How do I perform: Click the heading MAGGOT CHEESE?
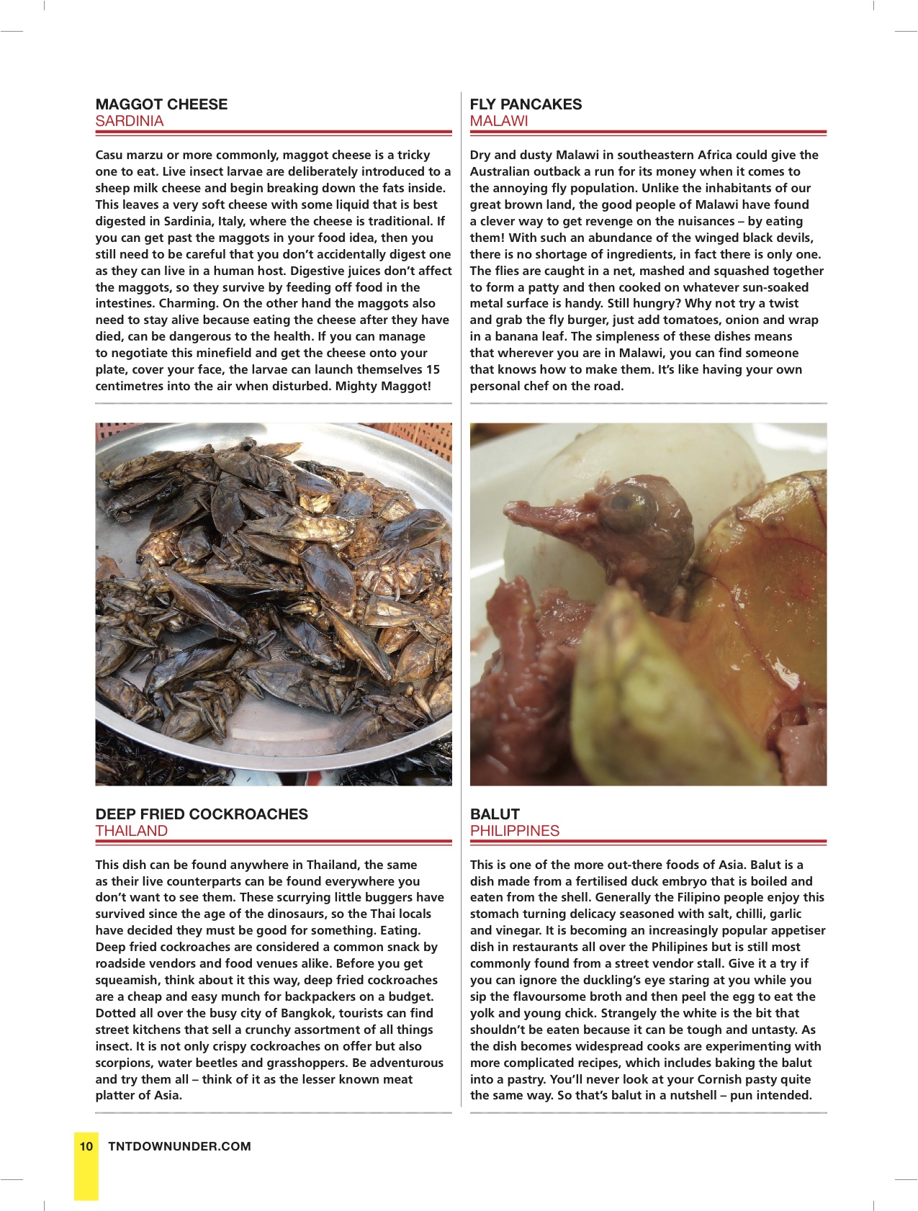coord(161,104)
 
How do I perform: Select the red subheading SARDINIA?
coord(130,121)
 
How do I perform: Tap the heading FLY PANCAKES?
coord(526,104)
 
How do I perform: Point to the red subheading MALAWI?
coord(499,121)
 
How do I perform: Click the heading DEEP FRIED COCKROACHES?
coord(202,814)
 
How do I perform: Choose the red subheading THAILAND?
coord(132,831)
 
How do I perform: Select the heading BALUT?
coord(495,814)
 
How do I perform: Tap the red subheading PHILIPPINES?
coord(515,831)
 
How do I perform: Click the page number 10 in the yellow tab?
coord(86,1146)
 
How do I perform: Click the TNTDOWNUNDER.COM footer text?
coord(179,1146)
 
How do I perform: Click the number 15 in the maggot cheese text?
coord(432,370)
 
